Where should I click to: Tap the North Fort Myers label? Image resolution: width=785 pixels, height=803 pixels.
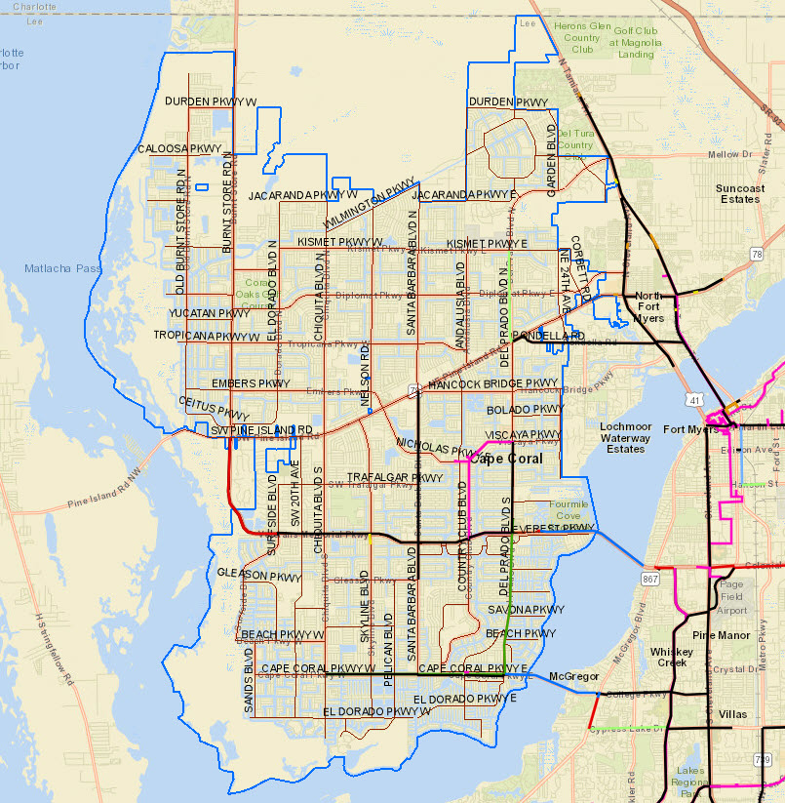click(x=648, y=306)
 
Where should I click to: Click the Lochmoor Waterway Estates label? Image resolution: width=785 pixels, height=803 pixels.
click(x=625, y=438)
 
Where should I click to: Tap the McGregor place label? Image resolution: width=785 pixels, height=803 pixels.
click(x=572, y=676)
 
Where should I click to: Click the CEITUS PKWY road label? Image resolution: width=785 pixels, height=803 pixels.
click(x=207, y=408)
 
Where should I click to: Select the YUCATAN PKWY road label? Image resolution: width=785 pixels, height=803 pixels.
click(x=209, y=313)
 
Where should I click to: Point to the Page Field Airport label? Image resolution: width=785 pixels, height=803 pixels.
click(x=731, y=597)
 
